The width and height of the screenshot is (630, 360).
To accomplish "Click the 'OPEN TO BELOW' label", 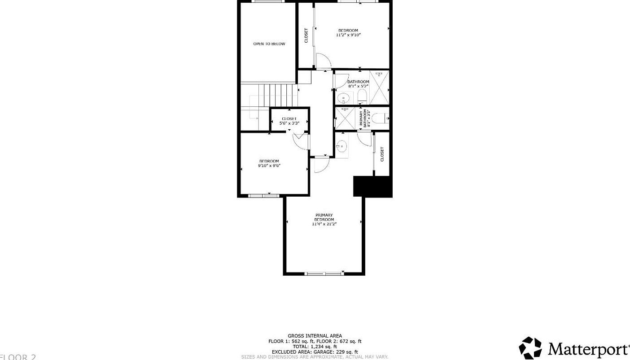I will click(269, 44).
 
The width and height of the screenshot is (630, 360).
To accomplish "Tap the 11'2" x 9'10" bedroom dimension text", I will click(348, 35).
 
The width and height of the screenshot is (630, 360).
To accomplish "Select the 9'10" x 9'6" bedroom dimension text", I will click(269, 166).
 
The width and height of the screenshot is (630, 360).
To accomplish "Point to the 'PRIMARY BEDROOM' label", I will click(324, 217).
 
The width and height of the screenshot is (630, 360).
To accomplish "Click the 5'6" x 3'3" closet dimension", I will click(289, 123).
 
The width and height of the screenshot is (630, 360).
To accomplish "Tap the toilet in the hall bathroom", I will click(362, 97).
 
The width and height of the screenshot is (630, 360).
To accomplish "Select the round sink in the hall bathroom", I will click(343, 97).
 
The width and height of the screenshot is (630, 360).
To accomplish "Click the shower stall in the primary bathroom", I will click(346, 118).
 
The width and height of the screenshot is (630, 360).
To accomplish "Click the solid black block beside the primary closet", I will click(372, 186).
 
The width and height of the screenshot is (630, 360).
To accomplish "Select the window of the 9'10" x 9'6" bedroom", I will click(264, 195).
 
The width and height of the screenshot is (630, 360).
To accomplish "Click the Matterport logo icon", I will click(530, 348).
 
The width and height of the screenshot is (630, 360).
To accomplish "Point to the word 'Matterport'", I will click(589, 349).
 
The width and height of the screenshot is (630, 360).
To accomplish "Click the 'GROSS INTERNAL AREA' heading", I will click(315, 336).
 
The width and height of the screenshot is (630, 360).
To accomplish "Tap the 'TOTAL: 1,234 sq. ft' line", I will click(315, 347).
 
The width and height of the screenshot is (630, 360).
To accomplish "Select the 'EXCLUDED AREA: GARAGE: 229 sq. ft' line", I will click(315, 352).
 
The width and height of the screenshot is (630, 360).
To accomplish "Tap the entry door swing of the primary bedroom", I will click(321, 165).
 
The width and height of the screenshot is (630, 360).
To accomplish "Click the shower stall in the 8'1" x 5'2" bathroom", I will click(379, 88).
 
